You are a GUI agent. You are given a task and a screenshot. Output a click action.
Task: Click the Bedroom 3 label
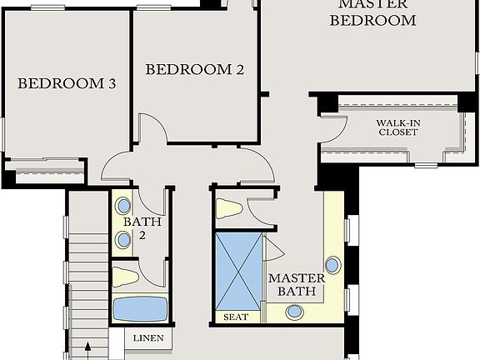point(67,83)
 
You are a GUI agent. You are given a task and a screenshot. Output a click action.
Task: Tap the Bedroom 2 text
point(195,69)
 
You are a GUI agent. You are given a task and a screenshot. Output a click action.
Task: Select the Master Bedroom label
point(372,12)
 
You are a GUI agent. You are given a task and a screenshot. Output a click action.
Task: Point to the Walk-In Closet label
point(397,127)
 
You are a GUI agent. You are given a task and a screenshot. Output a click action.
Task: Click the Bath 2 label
point(136,228)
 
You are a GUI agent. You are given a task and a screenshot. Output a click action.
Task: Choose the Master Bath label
point(291,284)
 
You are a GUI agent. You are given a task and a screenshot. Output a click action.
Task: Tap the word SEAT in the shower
point(236,317)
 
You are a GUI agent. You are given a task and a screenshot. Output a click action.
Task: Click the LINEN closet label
point(150,338)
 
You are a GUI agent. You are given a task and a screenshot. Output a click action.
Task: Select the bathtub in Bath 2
point(139,308)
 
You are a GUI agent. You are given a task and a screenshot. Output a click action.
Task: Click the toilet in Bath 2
point(125,277)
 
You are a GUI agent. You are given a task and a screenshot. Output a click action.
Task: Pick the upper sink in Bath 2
point(123,206)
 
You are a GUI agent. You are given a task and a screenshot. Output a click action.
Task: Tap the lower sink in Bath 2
point(123,241)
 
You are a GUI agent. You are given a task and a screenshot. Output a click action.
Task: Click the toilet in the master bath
point(229,208)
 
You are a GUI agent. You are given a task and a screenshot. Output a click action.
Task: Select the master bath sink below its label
point(295,312)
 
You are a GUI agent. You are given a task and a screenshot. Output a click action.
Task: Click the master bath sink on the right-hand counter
point(332,265)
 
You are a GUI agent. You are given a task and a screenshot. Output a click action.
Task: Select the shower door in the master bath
point(273,247)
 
